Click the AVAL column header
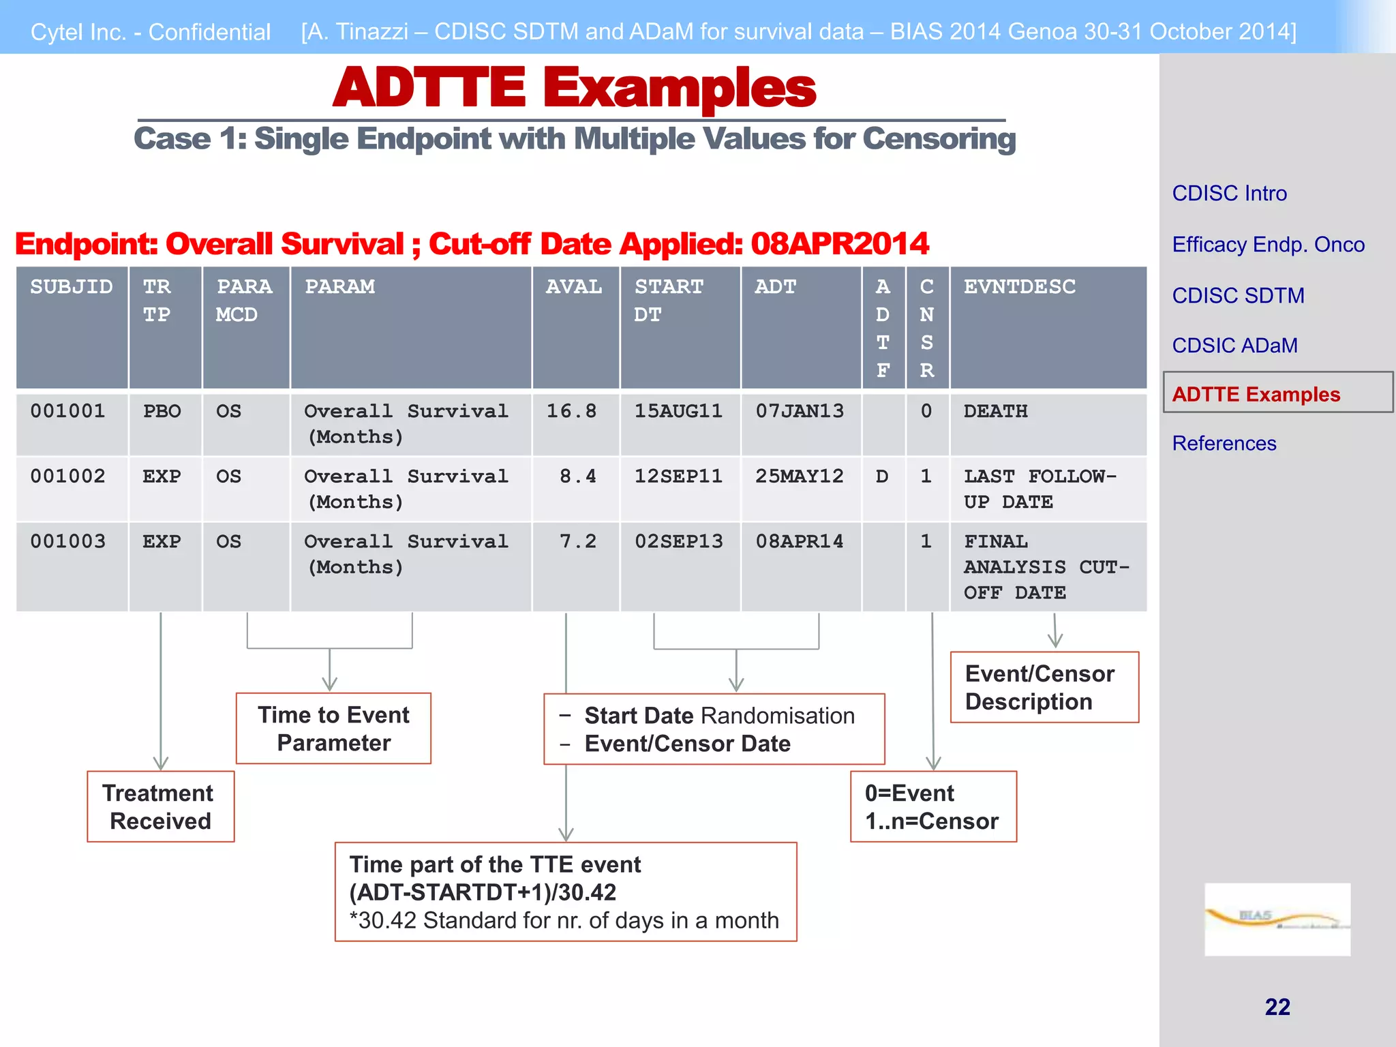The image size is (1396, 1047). click(x=574, y=287)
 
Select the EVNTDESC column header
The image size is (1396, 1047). click(x=1019, y=287)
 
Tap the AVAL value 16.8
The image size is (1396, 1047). click(x=571, y=411)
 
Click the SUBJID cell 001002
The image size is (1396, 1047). click(x=68, y=476)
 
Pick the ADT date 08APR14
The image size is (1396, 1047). click(x=799, y=541)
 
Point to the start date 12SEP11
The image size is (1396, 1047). click(x=678, y=476)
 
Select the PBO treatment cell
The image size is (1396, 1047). click(x=162, y=411)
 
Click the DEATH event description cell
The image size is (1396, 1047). click(x=995, y=411)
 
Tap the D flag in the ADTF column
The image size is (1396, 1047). click(x=882, y=476)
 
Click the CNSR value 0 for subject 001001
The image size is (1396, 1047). click(x=926, y=411)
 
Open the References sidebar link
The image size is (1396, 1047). click(x=1224, y=444)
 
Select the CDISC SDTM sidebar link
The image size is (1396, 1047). click(x=1238, y=296)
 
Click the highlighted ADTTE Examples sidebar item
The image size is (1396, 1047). click(x=1256, y=394)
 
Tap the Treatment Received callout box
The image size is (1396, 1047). click(x=160, y=807)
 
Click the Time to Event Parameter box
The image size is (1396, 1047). click(x=333, y=729)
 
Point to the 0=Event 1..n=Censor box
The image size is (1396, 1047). click(x=932, y=807)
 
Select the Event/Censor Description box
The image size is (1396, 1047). click(x=1044, y=687)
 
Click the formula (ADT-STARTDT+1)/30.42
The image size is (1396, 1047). click(x=483, y=892)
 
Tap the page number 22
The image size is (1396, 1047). click(x=1277, y=1007)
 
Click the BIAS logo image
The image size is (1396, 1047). click(x=1277, y=920)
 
